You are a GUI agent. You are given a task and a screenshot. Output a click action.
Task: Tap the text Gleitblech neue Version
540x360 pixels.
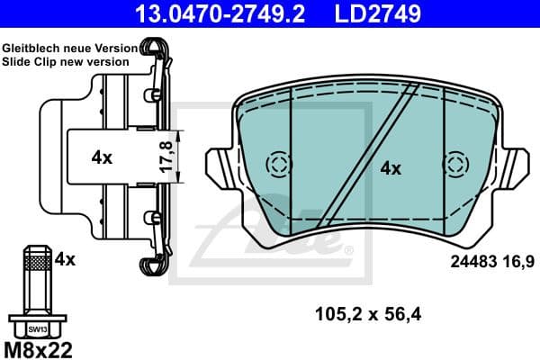(69, 47)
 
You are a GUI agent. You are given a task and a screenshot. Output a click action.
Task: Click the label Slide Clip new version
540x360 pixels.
(65, 61)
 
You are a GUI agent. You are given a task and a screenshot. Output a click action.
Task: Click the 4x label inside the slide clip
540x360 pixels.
(102, 157)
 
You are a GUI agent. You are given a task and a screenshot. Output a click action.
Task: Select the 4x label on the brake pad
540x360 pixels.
(390, 167)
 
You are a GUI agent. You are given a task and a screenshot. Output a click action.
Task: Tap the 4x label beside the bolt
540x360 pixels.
(64, 260)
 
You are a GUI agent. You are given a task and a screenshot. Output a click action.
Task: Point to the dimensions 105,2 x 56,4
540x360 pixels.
(367, 314)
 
